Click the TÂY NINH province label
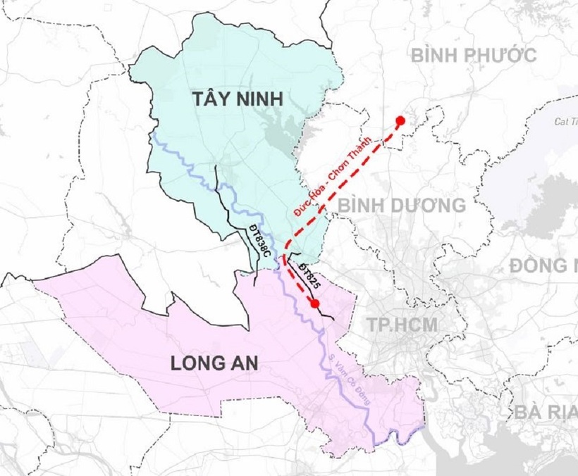(238, 99)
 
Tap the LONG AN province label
(214, 363)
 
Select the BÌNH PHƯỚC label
(474, 55)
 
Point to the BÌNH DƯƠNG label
(402, 206)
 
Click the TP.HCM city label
(402, 325)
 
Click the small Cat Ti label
(565, 122)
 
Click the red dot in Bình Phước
(400, 121)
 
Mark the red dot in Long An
(314, 303)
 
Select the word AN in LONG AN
(246, 363)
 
